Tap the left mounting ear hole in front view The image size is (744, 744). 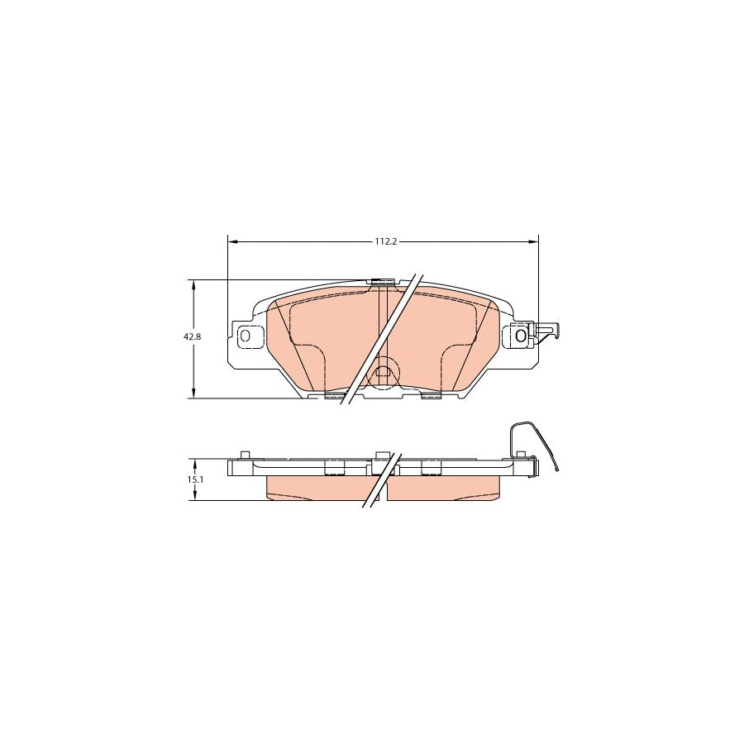pyautogui.click(x=246, y=336)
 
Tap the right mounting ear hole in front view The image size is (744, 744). pyautogui.click(x=520, y=336)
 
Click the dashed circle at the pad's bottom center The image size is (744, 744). pyautogui.click(x=382, y=371)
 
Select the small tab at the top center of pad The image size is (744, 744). pyautogui.click(x=381, y=282)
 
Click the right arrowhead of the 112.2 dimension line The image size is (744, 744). pyautogui.click(x=533, y=241)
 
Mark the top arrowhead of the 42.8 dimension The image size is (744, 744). pyautogui.click(x=193, y=284)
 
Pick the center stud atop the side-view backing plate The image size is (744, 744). pyautogui.click(x=381, y=455)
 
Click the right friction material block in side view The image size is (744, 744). pyautogui.click(x=446, y=489)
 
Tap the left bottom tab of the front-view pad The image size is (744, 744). pyautogui.click(x=334, y=396)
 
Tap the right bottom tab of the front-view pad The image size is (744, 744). pyautogui.click(x=431, y=396)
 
